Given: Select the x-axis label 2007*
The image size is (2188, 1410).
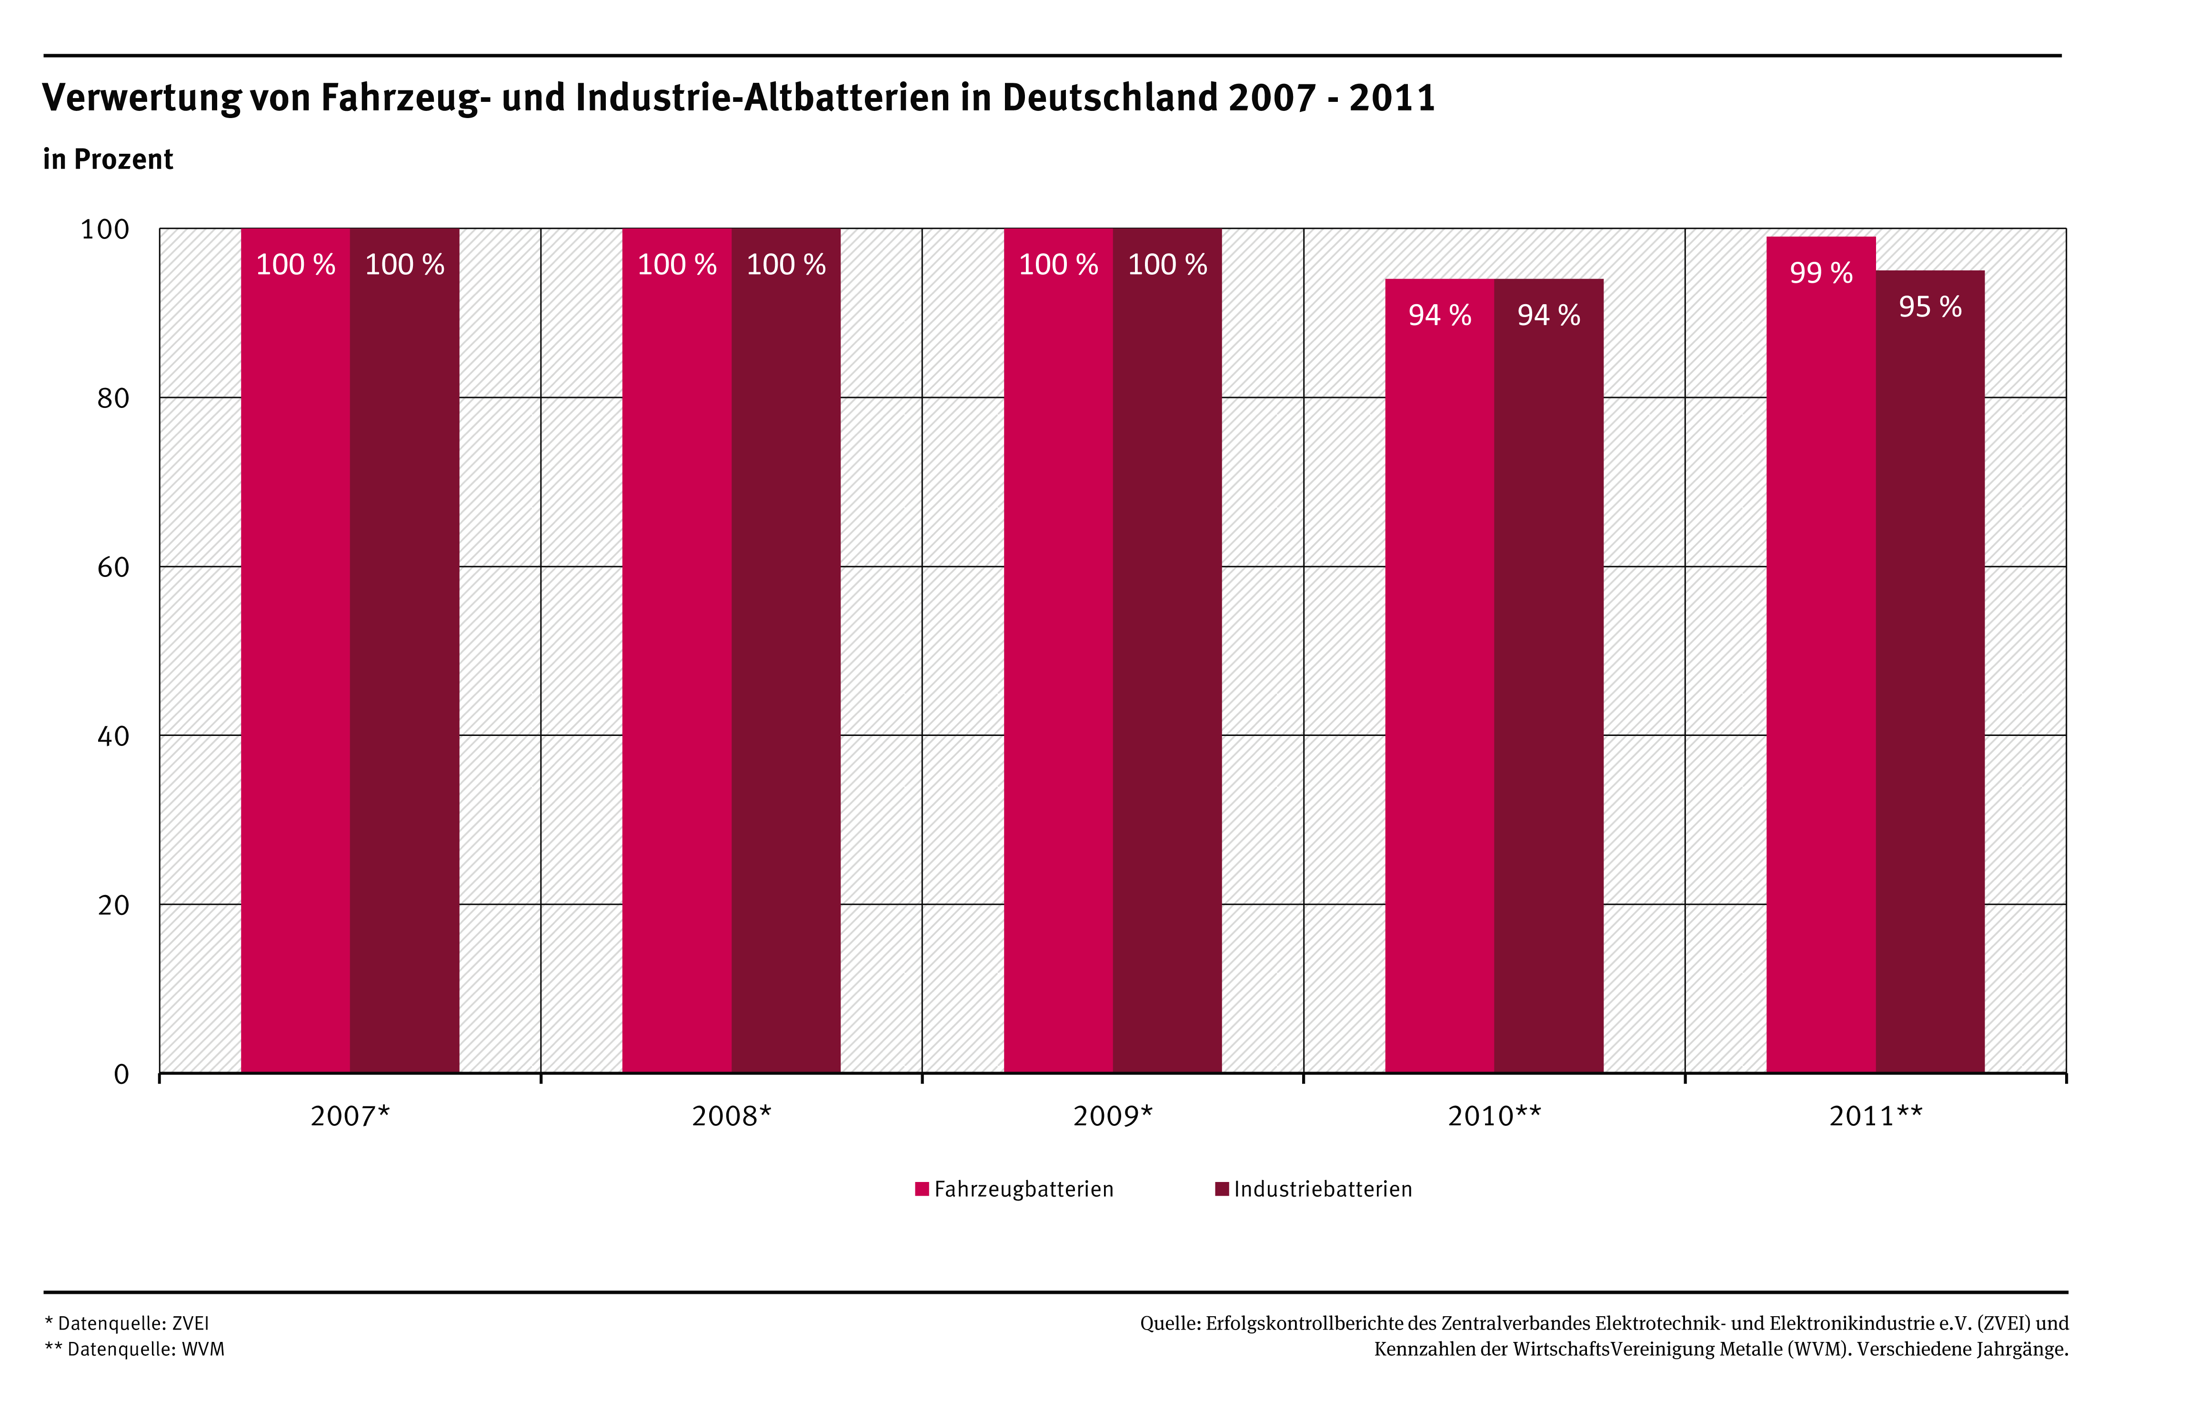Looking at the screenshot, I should pyautogui.click(x=350, y=1116).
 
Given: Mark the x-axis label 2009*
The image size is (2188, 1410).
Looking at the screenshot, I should pyautogui.click(x=1113, y=1116).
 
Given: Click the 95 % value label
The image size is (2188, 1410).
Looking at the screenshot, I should pyautogui.click(x=1930, y=307).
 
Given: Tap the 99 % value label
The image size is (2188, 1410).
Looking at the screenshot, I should pyautogui.click(x=1821, y=273).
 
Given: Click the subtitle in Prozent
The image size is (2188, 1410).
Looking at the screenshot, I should pyautogui.click(x=108, y=159).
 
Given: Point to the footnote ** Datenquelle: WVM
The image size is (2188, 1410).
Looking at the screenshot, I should pyautogui.click(x=135, y=1350).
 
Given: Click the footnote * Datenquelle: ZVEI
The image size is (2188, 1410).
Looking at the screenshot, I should pyautogui.click(x=127, y=1324).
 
